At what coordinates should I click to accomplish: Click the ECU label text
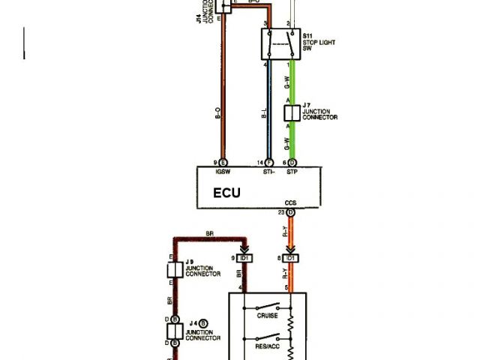(227, 192)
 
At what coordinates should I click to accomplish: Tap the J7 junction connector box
(292, 113)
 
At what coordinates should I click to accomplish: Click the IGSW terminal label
(223, 171)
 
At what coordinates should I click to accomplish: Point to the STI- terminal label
(269, 171)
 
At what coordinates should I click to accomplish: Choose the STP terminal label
(292, 171)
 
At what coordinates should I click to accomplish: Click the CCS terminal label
(291, 203)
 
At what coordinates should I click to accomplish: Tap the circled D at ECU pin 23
(291, 213)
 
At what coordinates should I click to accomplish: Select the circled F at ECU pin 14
(269, 163)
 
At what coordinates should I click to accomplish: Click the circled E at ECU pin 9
(223, 163)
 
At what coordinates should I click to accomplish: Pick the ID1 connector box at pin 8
(291, 258)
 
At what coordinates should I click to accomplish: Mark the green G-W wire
(293, 82)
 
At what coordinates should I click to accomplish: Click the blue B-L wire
(268, 112)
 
